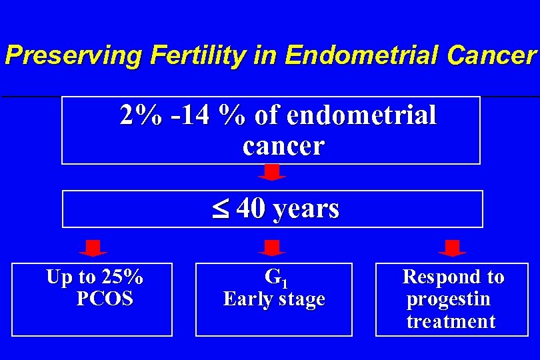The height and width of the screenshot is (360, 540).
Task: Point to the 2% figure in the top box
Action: [x=140, y=116]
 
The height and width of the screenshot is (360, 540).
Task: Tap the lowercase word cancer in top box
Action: [x=283, y=145]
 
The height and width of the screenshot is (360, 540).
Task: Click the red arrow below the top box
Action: [x=271, y=173]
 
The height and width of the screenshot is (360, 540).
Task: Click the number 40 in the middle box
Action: [x=250, y=209]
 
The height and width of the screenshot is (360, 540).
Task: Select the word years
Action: [x=305, y=209]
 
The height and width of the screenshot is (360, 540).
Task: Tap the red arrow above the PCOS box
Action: [x=93, y=248]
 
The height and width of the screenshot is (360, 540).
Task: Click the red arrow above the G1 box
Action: [x=271, y=248]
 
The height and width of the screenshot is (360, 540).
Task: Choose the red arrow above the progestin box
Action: [x=452, y=248]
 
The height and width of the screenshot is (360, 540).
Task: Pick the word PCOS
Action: [x=105, y=299]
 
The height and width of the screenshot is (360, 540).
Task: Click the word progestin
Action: [x=448, y=299]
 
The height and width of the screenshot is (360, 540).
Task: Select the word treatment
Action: [x=451, y=322]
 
